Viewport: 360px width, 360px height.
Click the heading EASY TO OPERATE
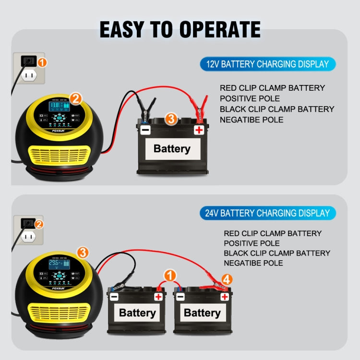tap(180, 29)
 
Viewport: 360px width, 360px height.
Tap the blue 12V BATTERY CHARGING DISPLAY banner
tap(267, 64)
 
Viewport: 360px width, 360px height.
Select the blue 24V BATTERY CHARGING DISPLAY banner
tap(267, 213)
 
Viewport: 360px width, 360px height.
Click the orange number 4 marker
tap(227, 278)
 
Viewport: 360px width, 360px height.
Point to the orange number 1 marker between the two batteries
tap(169, 276)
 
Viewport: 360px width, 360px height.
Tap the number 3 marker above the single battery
tap(171, 119)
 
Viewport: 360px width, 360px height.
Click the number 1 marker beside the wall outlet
tap(42, 62)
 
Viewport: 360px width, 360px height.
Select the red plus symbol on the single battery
tap(199, 130)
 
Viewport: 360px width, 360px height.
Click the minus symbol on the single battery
tap(144, 130)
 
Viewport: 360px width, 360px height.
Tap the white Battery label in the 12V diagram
tap(172, 149)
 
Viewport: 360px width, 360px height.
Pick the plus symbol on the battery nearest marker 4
tap(224, 297)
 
